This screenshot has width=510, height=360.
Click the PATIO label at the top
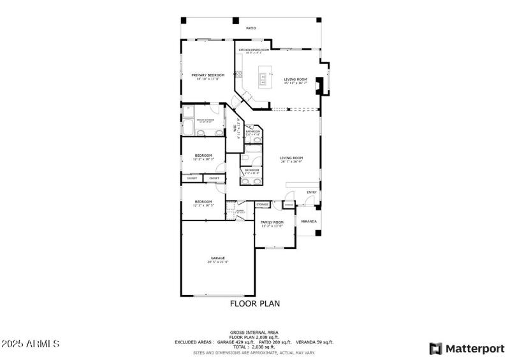252,28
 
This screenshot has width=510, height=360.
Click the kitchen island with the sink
262,80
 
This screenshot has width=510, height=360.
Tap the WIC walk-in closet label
236,129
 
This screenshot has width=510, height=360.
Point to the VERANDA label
309,221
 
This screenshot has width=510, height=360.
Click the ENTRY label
312,192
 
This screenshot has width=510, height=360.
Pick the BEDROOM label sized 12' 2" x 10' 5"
203,203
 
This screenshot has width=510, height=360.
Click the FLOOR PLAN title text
254,304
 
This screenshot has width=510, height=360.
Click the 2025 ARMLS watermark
31,343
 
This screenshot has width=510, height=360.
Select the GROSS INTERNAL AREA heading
254,332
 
